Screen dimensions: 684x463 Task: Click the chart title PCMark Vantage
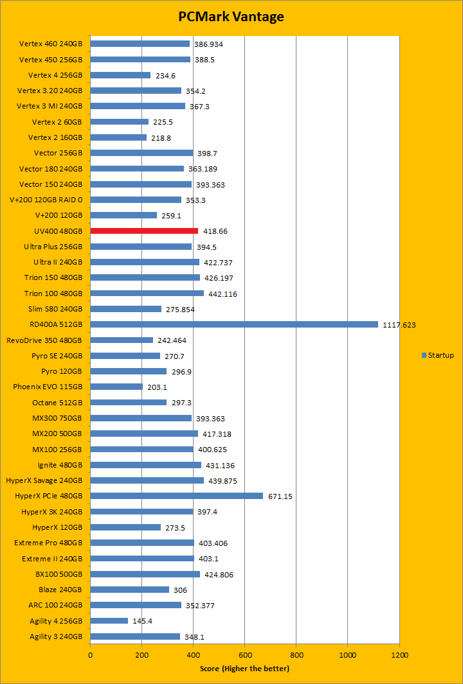[x=231, y=17]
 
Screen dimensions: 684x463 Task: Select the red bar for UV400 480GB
[x=144, y=231]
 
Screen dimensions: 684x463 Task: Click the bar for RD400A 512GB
[x=234, y=324]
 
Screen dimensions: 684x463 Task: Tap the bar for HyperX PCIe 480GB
[x=176, y=496]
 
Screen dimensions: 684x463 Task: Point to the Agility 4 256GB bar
[x=109, y=621]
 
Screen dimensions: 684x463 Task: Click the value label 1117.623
[x=399, y=325]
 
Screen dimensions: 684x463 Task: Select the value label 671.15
[x=280, y=496]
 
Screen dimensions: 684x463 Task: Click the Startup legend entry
[x=438, y=355]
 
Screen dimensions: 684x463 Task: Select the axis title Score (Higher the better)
[x=244, y=669]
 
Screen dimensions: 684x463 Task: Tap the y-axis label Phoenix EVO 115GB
[x=48, y=387]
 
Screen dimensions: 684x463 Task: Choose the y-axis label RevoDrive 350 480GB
[x=44, y=340]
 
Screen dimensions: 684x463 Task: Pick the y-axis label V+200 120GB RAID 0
[x=46, y=200]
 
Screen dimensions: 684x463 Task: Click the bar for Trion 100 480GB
[x=147, y=293]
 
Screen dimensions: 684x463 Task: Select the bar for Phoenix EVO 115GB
[x=116, y=387]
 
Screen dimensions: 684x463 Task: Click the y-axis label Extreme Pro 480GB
[x=48, y=543]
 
